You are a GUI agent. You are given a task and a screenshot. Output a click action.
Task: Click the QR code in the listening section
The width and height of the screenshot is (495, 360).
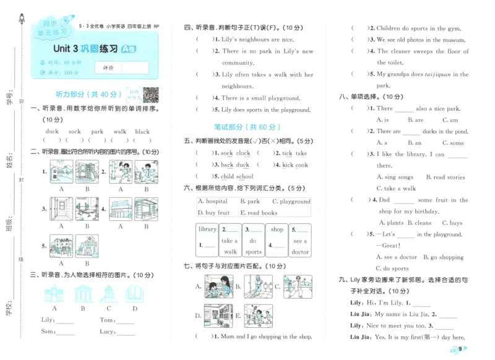point(151,95)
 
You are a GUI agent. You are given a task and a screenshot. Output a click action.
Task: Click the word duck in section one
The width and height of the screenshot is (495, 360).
point(52,131)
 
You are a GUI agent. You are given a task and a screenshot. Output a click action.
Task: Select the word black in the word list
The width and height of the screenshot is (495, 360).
point(142,131)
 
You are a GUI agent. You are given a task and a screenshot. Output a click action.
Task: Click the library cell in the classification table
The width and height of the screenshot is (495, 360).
point(207,229)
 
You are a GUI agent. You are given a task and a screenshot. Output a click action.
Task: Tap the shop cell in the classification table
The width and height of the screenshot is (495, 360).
point(277,229)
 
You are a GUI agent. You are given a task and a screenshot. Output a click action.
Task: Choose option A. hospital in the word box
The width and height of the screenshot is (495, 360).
point(213,202)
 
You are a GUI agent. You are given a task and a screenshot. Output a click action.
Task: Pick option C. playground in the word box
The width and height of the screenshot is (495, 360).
point(291,202)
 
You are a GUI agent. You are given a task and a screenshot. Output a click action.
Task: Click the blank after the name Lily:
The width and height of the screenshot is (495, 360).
point(65,320)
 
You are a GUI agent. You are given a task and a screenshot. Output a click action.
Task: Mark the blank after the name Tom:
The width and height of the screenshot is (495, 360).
point(125,320)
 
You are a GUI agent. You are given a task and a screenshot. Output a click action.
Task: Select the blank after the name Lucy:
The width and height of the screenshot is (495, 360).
point(127,332)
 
